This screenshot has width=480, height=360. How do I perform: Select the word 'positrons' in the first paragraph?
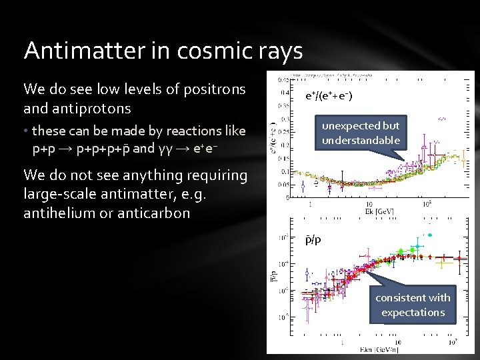(x=212, y=89)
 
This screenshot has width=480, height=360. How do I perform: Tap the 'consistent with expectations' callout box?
(x=413, y=305)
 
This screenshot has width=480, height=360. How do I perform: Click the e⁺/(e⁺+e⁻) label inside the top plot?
(x=330, y=97)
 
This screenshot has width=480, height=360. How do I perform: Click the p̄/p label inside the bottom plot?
(x=313, y=239)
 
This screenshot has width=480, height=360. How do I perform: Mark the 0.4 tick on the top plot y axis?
(x=285, y=93)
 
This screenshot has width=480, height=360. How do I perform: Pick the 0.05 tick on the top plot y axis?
(x=285, y=184)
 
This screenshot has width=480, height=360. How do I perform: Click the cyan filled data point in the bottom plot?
(x=429, y=235)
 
